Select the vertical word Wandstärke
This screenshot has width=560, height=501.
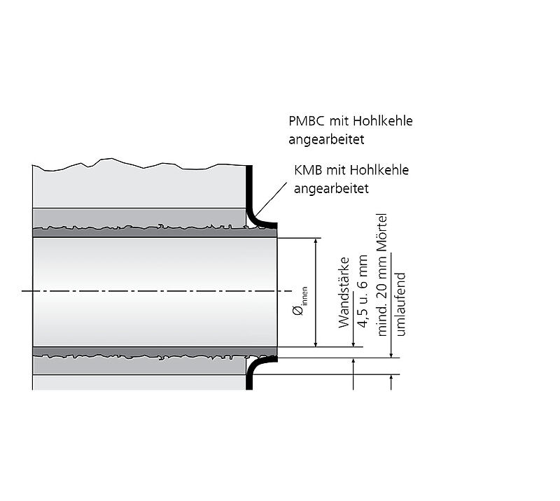344,292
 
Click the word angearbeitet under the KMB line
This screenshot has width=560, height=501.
331,188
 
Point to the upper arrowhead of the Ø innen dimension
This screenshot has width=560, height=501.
316,242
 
